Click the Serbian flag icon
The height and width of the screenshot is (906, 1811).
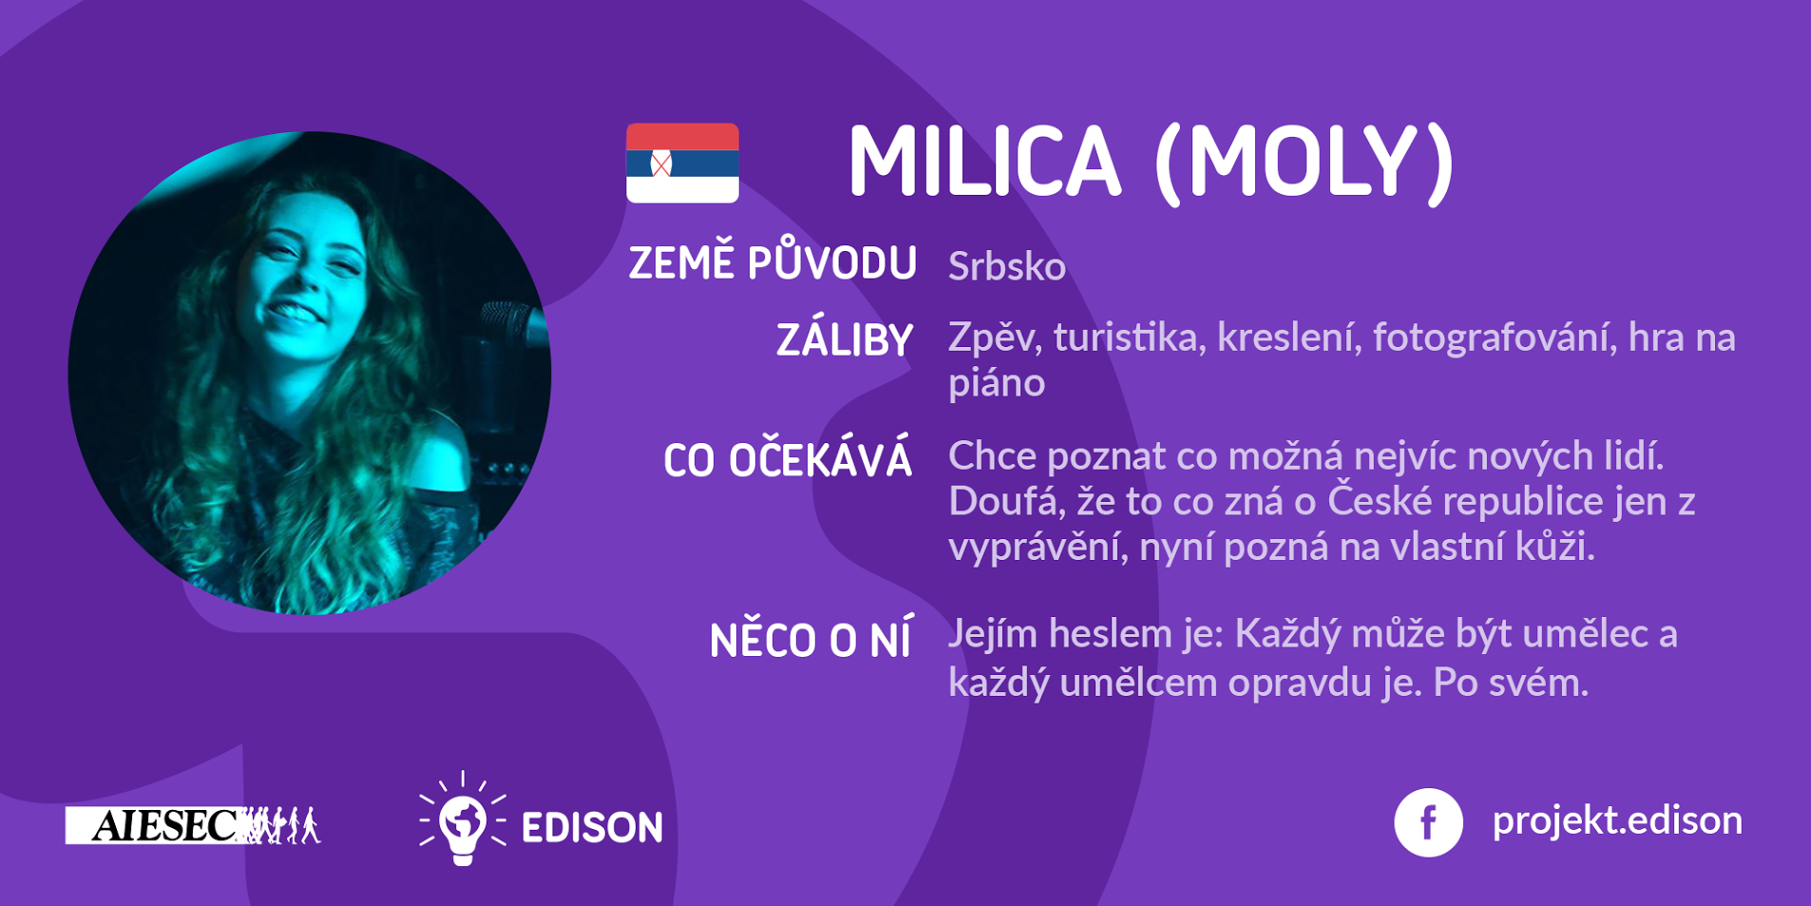tap(682, 163)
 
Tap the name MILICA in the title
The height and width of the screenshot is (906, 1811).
tap(984, 163)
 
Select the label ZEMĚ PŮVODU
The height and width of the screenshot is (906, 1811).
tap(772, 262)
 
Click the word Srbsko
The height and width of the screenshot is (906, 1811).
tap(1007, 266)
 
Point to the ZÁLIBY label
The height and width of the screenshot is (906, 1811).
tap(845, 339)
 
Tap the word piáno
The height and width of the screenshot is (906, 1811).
tap(997, 383)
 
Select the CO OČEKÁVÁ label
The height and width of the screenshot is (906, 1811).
tap(788, 460)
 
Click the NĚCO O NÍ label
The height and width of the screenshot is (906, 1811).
tap(810, 639)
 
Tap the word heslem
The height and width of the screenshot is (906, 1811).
tap(1111, 634)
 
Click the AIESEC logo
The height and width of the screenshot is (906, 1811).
tap(193, 825)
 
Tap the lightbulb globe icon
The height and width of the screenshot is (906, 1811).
tap(463, 819)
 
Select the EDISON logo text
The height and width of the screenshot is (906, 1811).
tap(592, 827)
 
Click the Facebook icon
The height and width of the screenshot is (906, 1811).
tap(1428, 822)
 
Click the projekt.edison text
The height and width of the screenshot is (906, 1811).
tap(1617, 820)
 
